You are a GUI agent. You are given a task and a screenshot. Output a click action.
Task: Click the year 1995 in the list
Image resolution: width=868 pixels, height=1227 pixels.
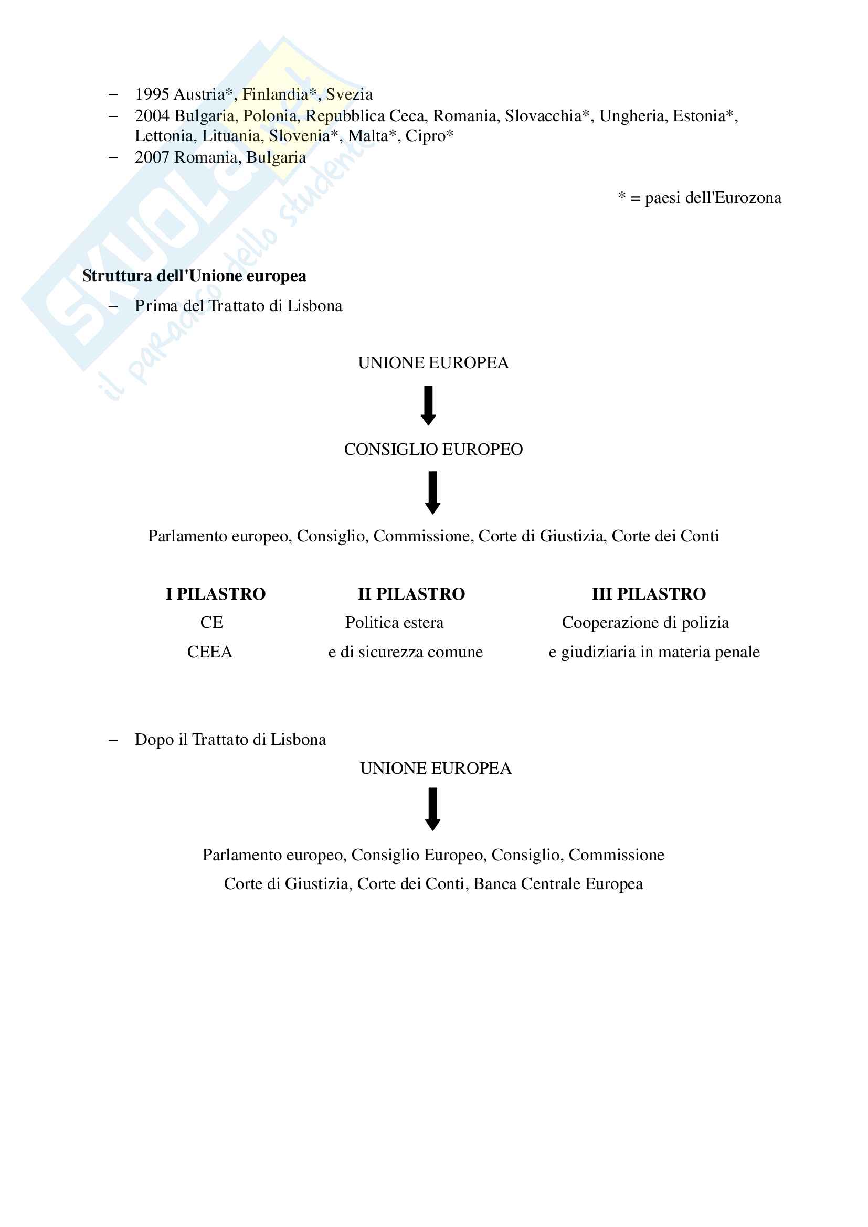pos(152,94)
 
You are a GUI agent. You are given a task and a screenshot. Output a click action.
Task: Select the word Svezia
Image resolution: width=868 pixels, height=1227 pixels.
pos(349,94)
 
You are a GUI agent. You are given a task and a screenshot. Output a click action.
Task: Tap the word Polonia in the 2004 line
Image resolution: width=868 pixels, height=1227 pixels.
pos(271,116)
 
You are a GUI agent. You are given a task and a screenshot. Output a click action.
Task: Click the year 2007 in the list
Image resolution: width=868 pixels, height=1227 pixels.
pos(152,158)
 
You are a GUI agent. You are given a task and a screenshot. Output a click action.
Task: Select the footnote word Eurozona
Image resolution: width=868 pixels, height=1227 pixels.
pos(748,198)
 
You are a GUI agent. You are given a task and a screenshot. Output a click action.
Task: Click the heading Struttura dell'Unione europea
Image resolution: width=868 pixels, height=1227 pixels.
pos(194,276)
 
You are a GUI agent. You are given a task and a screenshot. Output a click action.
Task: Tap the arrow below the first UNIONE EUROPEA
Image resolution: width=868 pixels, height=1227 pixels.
pos(428,406)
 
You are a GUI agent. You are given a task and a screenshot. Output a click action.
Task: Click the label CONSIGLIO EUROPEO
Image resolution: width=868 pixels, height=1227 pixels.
pos(433,450)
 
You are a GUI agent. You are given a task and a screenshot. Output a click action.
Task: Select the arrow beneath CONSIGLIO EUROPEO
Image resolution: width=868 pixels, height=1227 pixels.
pos(432,493)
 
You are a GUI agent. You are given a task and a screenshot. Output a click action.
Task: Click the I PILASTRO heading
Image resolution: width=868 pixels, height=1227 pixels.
pos(215,594)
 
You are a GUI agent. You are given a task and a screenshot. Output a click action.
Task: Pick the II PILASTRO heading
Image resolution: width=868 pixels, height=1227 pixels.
pos(411,594)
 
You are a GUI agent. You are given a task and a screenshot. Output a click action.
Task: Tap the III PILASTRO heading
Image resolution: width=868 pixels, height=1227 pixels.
pos(648,594)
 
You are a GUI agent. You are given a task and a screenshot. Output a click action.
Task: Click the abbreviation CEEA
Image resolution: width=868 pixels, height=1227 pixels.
pos(209,652)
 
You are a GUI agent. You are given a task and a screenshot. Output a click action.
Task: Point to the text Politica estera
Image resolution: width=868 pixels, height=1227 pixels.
pos(394,623)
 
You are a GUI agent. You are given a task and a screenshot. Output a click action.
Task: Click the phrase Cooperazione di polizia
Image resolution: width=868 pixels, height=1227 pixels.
pos(645,623)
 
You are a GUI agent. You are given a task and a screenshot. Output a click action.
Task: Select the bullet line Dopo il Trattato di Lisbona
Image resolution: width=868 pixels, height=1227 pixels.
pos(230,740)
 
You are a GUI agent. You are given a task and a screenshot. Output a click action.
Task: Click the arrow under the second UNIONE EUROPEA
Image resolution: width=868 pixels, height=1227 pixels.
pos(432,809)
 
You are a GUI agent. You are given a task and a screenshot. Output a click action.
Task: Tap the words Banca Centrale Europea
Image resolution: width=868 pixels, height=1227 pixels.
pos(557,884)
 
